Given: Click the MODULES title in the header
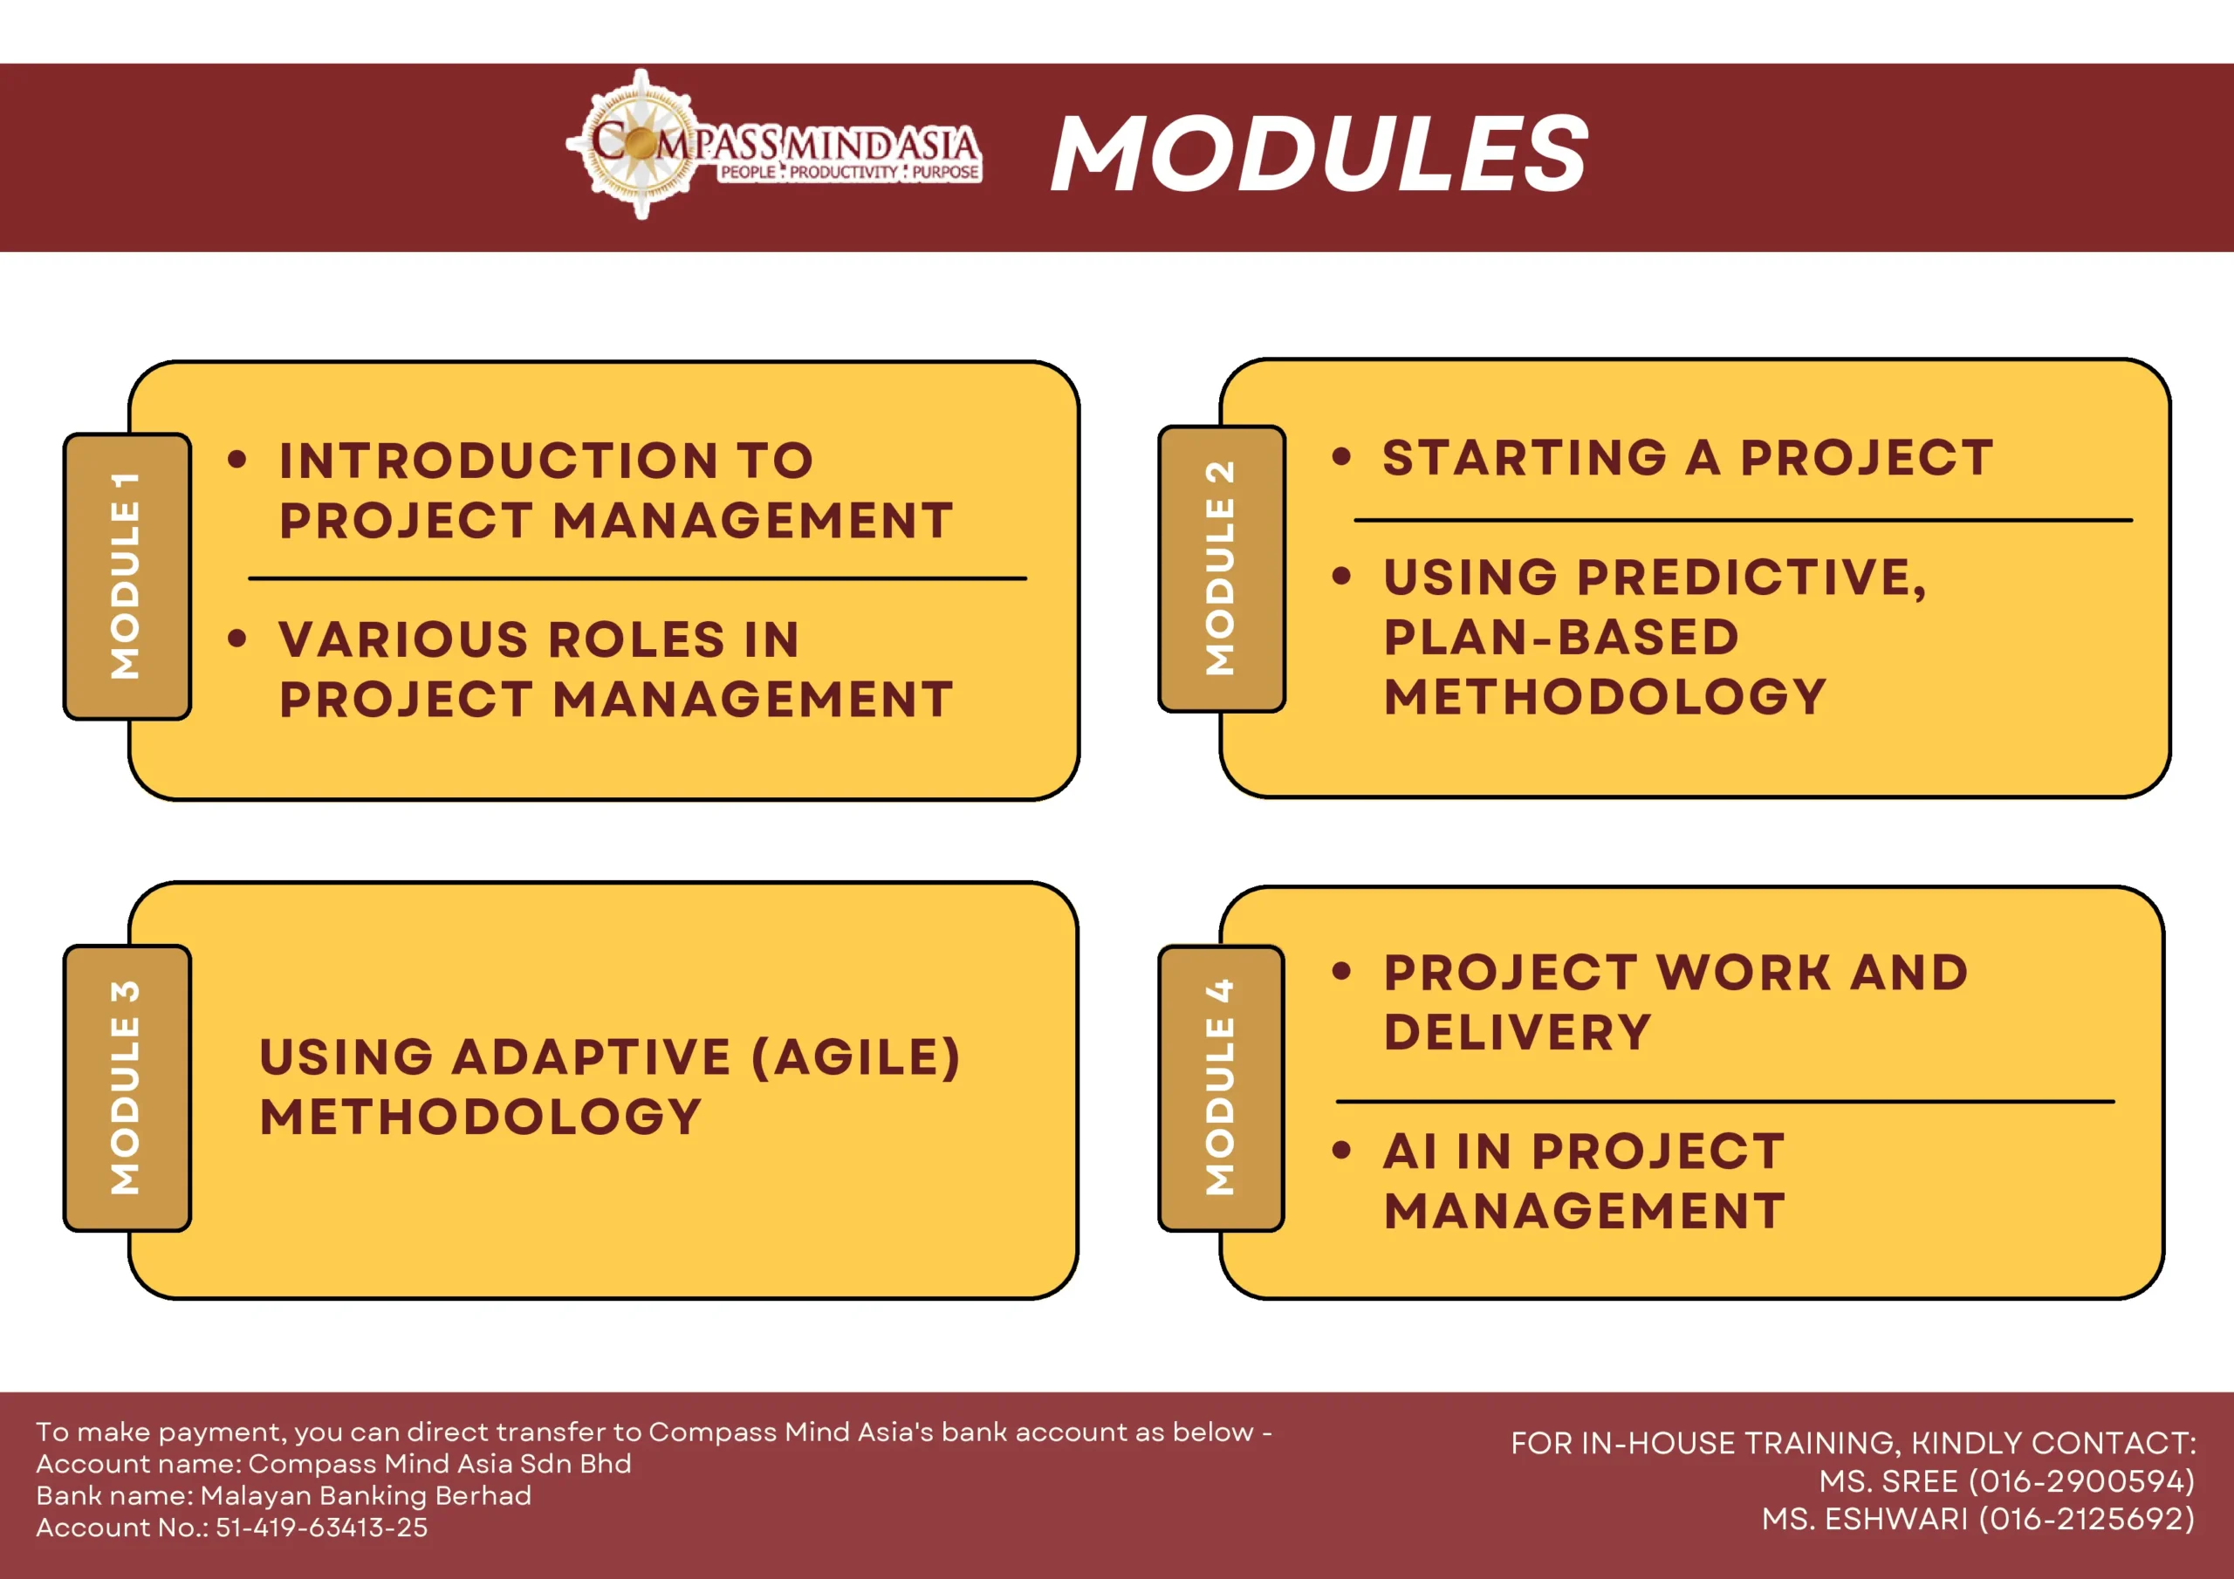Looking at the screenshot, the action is tap(1319, 153).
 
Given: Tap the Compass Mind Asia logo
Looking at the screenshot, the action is tap(773, 144).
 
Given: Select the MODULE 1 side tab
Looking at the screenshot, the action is tap(127, 576).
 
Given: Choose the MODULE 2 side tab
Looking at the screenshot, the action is tap(1221, 568).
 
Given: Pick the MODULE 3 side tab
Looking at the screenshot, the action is tap(127, 1088).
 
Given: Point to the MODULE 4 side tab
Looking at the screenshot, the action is tap(1221, 1088).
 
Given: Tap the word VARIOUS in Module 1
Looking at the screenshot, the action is tap(404, 639).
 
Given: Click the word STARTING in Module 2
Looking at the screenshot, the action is tap(1525, 457).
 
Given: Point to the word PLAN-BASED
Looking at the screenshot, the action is tap(1560, 636).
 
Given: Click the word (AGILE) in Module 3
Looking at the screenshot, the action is tap(856, 1057).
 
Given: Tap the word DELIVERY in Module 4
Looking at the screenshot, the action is tap(1518, 1031).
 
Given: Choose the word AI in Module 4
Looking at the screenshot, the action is tap(1411, 1151).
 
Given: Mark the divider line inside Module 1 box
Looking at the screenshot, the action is tap(637, 579).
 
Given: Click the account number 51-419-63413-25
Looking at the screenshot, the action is tap(321, 1528).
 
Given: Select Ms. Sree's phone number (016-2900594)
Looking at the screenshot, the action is tap(2081, 1480).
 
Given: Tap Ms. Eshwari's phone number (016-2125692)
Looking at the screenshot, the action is tap(2087, 1519).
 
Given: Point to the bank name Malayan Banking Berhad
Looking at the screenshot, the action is tap(366, 1495).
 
